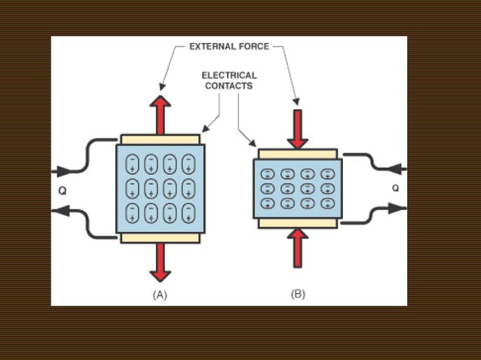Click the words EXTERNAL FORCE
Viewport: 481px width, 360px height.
(228, 47)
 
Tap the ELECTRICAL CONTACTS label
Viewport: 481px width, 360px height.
(228, 81)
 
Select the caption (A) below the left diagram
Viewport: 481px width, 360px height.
(160, 295)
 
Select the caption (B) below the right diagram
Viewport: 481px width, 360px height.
(298, 294)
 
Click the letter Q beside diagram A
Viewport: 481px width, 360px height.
(62, 191)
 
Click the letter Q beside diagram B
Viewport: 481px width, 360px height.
(395, 188)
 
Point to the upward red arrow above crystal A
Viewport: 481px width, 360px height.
(160, 113)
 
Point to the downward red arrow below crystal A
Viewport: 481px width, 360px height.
(160, 262)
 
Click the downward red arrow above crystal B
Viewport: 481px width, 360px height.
(298, 129)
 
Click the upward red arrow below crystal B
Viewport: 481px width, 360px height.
(298, 248)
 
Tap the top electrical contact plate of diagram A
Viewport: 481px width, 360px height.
(160, 139)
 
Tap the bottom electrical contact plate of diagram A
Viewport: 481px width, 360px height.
(160, 238)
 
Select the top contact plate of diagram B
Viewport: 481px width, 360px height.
(298, 154)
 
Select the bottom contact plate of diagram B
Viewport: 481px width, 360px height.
(298, 223)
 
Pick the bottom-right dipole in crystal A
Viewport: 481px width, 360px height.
(188, 212)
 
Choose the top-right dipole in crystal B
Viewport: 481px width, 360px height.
(327, 174)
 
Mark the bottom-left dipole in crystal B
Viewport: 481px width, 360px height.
(268, 203)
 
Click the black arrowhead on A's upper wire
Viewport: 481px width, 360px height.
(60, 171)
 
